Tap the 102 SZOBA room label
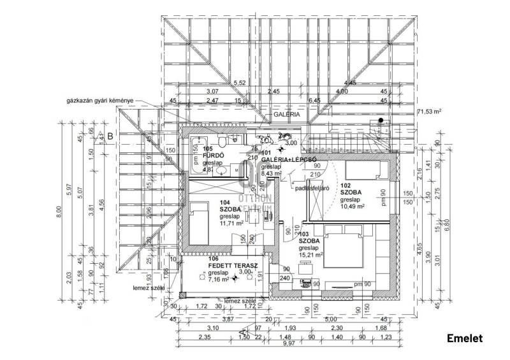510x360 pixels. [351, 191]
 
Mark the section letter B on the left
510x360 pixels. [110, 136]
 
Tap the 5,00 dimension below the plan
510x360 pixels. [330, 320]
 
